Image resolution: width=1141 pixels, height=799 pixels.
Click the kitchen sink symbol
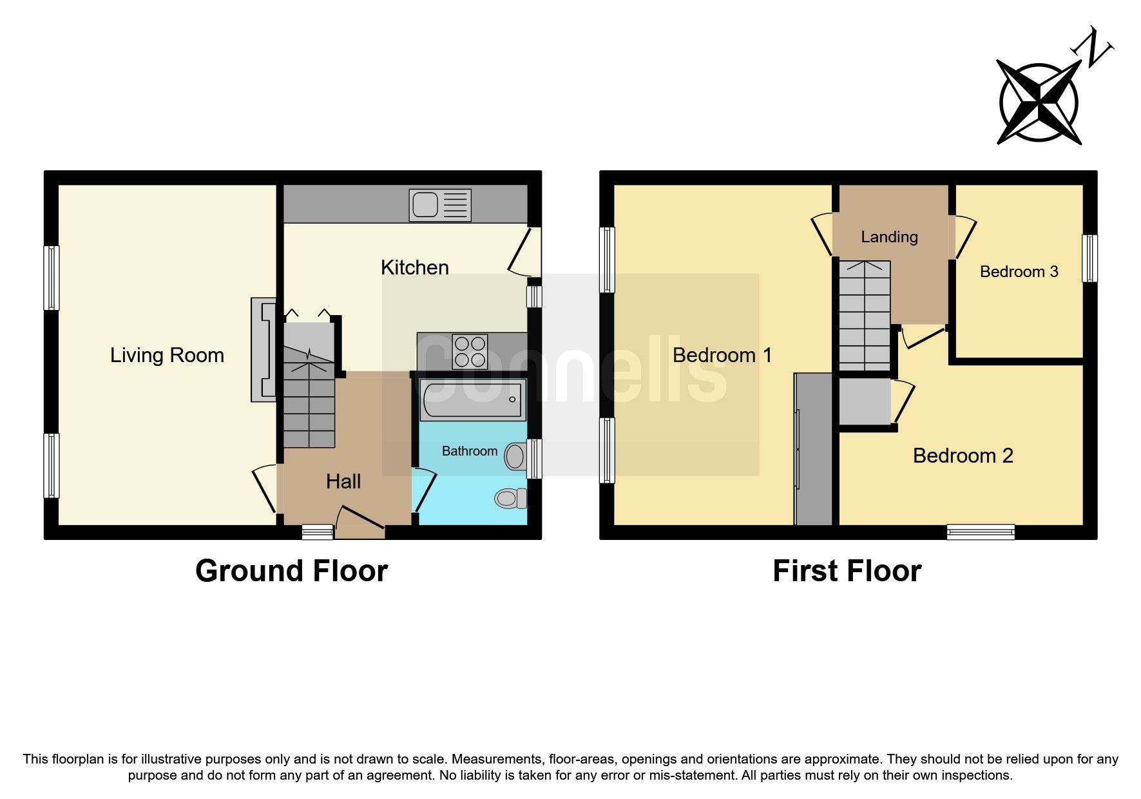tap(440, 206)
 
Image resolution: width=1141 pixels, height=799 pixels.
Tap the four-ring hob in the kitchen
tap(470, 352)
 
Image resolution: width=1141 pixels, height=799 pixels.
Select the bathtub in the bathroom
tap(473, 400)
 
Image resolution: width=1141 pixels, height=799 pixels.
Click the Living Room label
tap(167, 355)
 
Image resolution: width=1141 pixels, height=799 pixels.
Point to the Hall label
tap(343, 481)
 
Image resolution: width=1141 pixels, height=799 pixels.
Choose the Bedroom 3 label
tap(1019, 272)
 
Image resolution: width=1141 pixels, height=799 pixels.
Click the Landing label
tap(889, 237)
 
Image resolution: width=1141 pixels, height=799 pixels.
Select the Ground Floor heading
tap(291, 571)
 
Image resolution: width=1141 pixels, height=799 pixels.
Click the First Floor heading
tap(847, 571)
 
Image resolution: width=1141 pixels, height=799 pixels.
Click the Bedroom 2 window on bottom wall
tap(981, 532)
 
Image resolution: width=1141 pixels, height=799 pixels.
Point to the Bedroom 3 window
tap(1089, 258)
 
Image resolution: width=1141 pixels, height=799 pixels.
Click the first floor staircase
tap(864, 316)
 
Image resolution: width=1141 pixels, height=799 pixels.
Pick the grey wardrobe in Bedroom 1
tap(813, 448)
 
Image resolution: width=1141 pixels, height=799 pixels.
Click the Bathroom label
tap(469, 451)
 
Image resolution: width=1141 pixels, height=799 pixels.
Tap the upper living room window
tap(52, 278)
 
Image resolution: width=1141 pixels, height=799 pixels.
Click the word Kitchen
tap(414, 267)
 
